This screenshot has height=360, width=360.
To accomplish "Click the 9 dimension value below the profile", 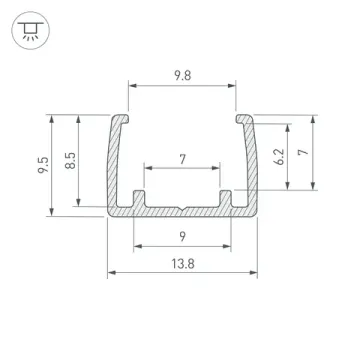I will click(x=181, y=236).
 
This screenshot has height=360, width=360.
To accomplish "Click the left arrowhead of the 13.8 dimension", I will click(x=111, y=272).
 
